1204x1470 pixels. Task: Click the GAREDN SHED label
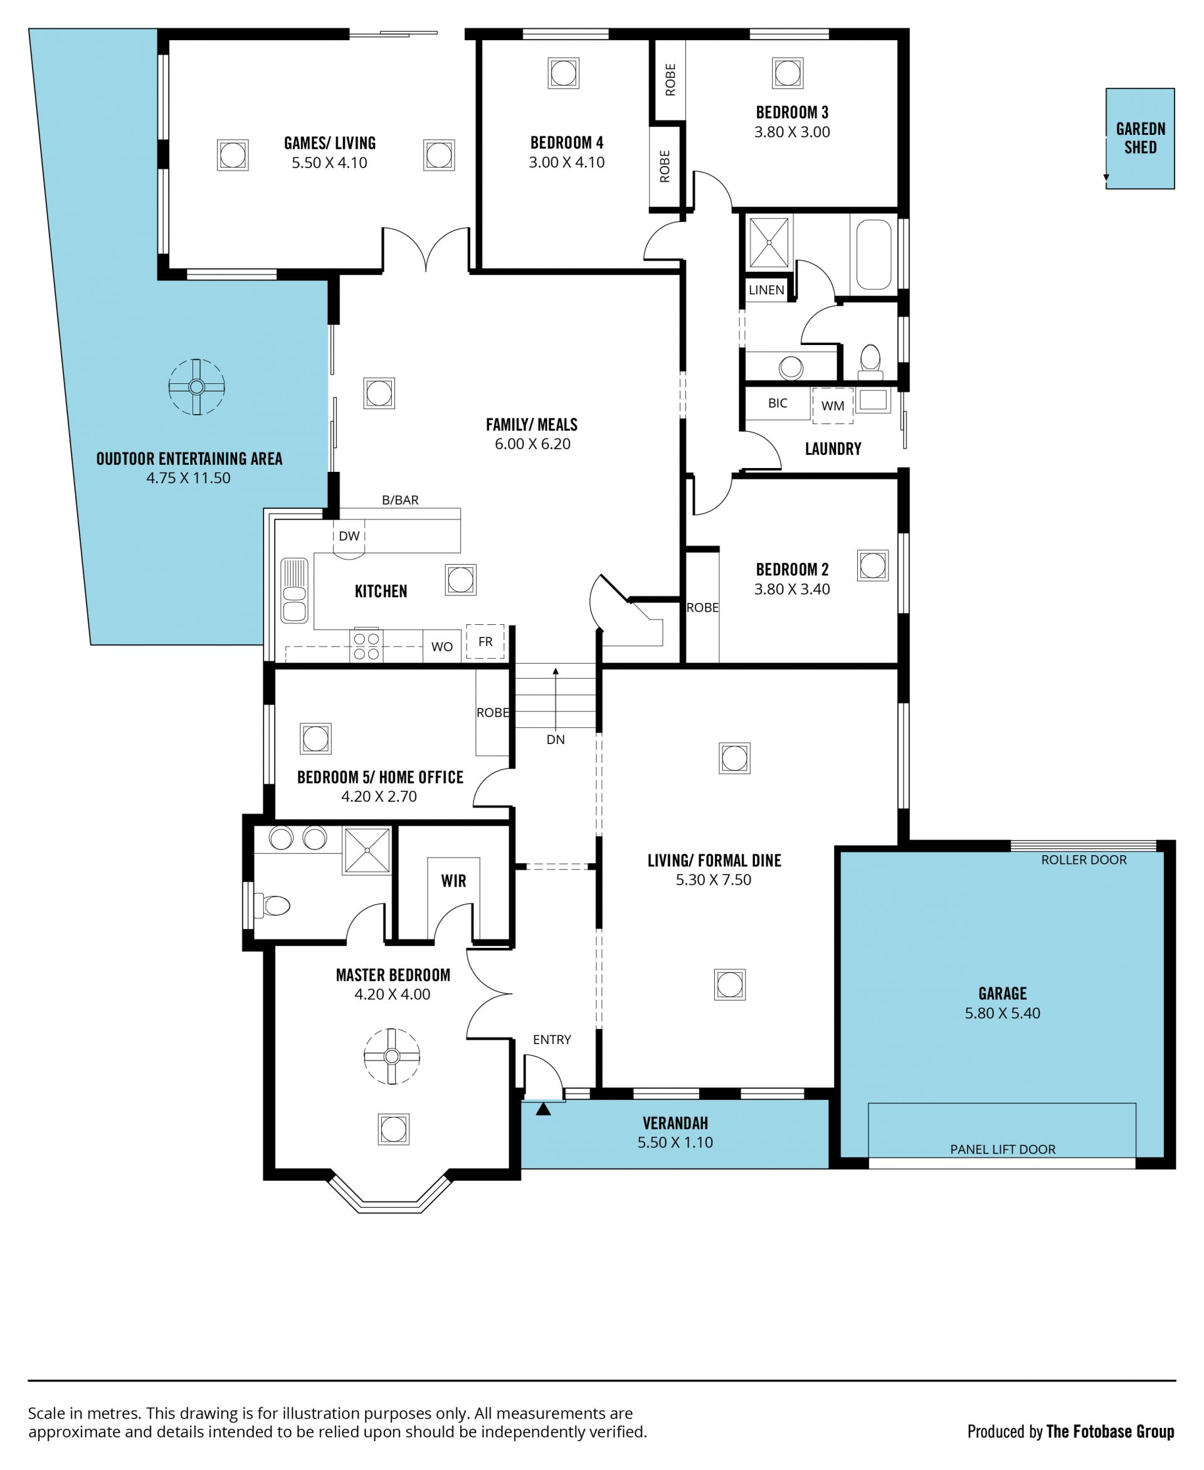1140,138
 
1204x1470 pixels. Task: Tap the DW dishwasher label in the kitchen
349,536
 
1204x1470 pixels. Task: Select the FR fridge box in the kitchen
485,642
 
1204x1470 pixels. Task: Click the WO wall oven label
442,647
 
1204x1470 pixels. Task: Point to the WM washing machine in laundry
833,405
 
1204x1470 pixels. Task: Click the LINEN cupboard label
766,290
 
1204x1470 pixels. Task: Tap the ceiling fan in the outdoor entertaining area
196,386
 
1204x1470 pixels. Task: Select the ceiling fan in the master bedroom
392,1057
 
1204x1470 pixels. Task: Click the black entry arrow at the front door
543,1109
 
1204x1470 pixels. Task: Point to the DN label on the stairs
556,740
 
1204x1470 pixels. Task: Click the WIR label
453,881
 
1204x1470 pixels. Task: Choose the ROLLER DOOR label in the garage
1084,860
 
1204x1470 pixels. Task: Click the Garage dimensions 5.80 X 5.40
1002,1013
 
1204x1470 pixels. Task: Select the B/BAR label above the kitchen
400,500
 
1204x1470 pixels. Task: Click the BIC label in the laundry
778,403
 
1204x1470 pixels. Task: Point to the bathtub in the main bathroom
874,255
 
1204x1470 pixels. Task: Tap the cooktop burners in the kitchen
366,646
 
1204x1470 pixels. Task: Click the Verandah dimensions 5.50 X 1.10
675,1142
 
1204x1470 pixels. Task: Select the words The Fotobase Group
1111,1431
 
